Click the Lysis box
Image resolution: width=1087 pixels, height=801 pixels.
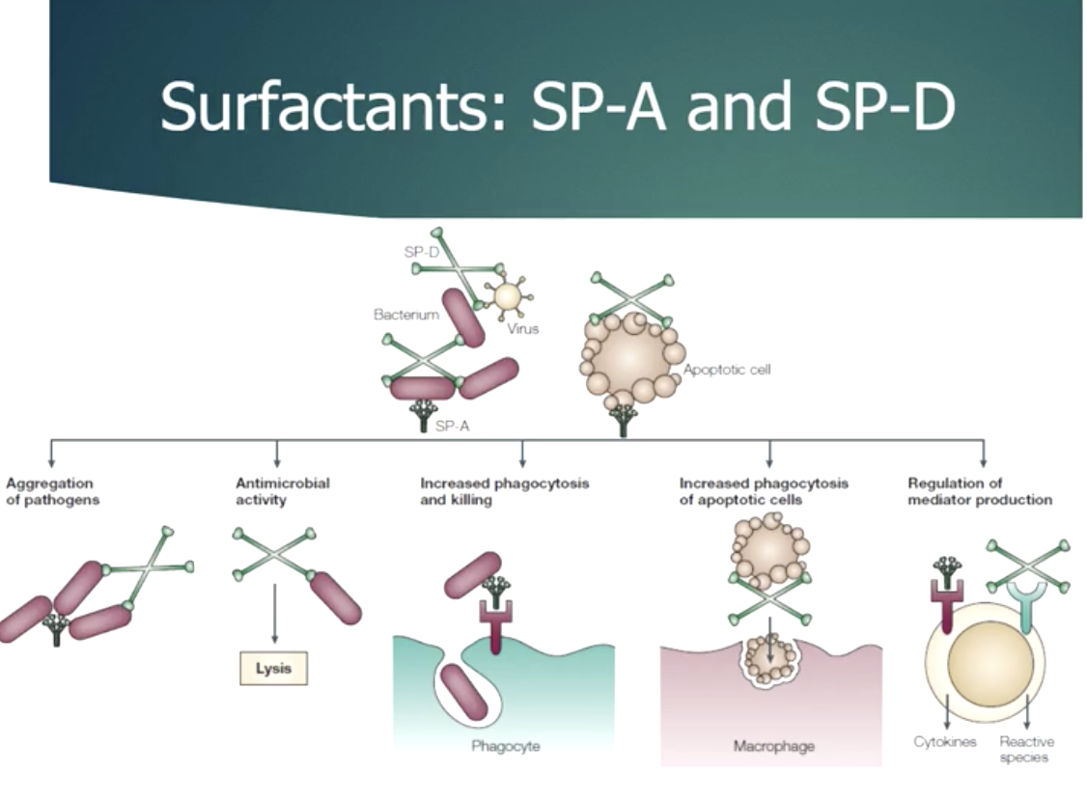(x=273, y=667)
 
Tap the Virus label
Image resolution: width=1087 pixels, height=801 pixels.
(x=522, y=329)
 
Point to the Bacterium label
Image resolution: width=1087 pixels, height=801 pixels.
(x=406, y=315)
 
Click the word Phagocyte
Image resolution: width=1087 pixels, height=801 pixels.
(x=505, y=746)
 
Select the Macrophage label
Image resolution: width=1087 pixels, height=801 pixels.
(x=773, y=746)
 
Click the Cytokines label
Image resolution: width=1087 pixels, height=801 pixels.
(x=945, y=742)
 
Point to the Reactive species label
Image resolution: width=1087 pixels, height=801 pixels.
(x=1026, y=749)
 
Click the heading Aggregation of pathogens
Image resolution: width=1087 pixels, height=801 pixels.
(x=52, y=491)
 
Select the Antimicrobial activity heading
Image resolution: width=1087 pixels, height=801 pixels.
(x=283, y=491)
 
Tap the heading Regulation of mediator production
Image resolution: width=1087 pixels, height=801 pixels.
(x=980, y=491)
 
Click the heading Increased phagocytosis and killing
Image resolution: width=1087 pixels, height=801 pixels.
(x=504, y=491)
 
